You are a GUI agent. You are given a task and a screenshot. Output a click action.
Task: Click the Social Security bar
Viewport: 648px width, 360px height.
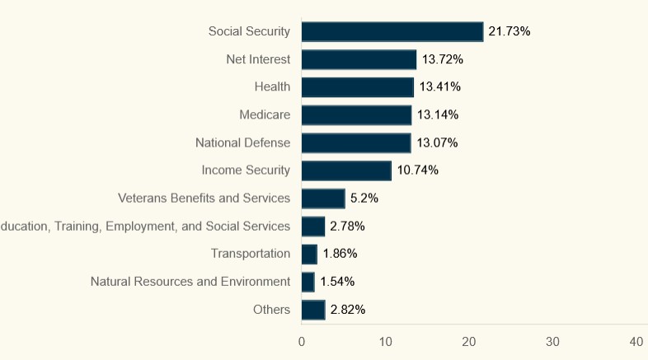(392, 31)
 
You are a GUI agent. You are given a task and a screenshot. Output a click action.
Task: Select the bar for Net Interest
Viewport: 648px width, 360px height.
(359, 59)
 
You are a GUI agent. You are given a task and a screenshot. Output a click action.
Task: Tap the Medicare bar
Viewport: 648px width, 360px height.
(356, 115)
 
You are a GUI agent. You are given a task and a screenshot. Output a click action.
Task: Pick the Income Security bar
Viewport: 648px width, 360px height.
(346, 171)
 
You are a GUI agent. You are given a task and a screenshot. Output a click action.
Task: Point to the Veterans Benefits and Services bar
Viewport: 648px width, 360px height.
(323, 199)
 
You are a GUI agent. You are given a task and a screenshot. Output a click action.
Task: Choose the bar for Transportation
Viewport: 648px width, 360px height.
(309, 254)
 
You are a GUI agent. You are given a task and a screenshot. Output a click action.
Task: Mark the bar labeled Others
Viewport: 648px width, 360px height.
(313, 310)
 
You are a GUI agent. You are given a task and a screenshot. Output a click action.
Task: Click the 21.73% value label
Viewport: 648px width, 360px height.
(509, 31)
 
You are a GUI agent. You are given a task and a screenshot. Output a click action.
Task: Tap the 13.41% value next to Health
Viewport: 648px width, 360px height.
(440, 86)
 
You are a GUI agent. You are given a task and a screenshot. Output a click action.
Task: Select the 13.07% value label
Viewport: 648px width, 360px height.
(437, 143)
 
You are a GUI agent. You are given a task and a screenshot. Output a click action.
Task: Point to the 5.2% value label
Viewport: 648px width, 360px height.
(364, 199)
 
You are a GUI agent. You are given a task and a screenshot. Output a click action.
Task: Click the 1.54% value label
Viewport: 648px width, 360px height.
(337, 282)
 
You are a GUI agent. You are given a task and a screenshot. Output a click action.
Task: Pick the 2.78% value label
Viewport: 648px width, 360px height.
(347, 226)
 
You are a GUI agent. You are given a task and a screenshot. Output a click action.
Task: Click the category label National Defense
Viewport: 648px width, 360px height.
(242, 143)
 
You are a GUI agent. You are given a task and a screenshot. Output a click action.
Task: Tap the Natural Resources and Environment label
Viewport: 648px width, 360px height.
(190, 282)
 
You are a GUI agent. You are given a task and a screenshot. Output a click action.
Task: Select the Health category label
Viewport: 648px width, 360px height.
(272, 86)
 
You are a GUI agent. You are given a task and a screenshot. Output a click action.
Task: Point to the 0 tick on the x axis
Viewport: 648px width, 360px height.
(302, 342)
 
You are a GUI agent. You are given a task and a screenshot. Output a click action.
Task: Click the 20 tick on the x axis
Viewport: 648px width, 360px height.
(469, 342)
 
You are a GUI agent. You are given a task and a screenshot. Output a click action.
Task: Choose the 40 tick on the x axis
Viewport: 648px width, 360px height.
(636, 342)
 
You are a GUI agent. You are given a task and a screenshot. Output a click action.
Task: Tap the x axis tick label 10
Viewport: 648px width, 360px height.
(385, 342)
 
